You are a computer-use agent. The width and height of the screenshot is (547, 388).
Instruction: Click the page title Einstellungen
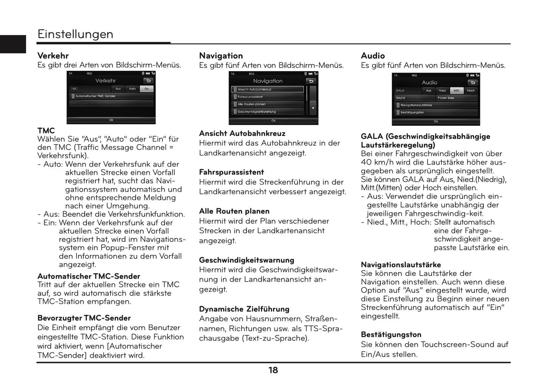click(75, 34)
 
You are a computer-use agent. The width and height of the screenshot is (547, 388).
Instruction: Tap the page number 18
click(273, 370)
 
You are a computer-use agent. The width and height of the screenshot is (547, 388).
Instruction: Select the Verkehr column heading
click(53, 56)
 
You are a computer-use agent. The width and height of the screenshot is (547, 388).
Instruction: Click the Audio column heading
click(373, 56)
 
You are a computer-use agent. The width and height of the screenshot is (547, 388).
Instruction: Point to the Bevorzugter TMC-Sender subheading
click(84, 318)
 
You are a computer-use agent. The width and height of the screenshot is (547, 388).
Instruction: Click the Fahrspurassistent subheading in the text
click(231, 172)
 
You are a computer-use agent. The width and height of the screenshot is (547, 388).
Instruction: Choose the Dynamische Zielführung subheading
click(244, 309)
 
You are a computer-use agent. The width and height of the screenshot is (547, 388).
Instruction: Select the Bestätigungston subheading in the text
click(391, 335)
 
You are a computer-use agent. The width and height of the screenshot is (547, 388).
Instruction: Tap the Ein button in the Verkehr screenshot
click(146, 89)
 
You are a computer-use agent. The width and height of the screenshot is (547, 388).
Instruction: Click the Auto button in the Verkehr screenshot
click(132, 89)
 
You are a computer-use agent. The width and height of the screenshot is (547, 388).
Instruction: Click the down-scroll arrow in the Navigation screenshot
click(313, 108)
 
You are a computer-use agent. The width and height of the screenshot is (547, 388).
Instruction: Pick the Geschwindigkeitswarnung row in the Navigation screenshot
click(267, 112)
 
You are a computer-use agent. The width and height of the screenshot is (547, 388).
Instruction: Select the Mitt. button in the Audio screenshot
click(457, 90)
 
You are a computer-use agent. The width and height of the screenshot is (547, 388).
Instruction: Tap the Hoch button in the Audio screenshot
click(471, 90)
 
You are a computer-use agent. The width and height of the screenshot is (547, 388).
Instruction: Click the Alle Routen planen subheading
click(234, 211)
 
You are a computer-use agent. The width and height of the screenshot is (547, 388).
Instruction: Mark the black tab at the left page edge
click(13, 44)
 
